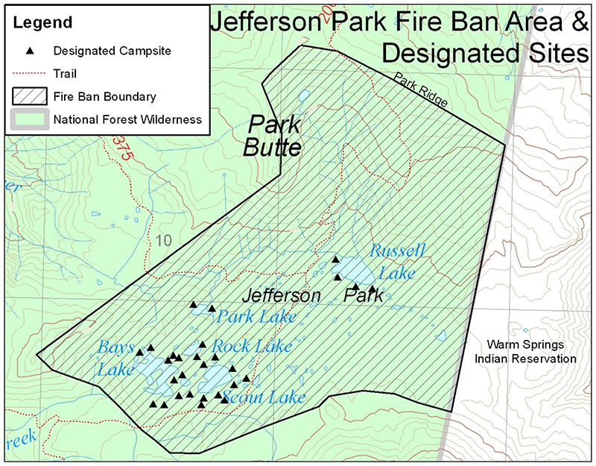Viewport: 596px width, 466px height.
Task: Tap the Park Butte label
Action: [x=272, y=136]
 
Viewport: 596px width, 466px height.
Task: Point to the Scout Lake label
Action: [x=264, y=397]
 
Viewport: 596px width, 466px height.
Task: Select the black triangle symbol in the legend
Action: [x=31, y=51]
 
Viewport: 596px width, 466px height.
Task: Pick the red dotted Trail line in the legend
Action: [x=31, y=74]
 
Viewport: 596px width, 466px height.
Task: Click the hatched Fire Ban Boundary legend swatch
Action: [x=31, y=96]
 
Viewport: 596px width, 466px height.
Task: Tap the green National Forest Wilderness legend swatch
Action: [x=31, y=119]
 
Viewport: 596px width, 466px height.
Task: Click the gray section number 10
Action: [x=165, y=240]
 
